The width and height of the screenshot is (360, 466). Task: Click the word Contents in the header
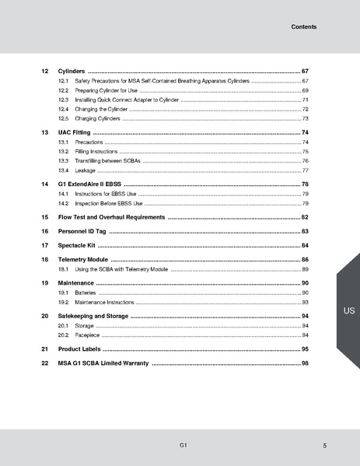pyautogui.click(x=303, y=26)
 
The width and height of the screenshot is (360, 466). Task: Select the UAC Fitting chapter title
pyautogui.click(x=75, y=133)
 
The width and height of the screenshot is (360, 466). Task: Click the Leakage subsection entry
pyautogui.click(x=85, y=170)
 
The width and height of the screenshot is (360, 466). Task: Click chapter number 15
pyautogui.click(x=44, y=218)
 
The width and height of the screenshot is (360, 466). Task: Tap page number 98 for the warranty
pyautogui.click(x=306, y=363)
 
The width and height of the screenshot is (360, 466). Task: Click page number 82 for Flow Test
pyautogui.click(x=306, y=218)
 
